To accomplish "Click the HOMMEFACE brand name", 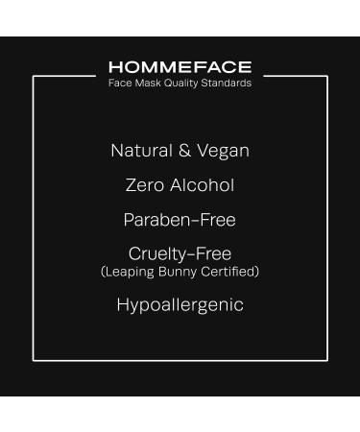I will pyautogui.click(x=180, y=67).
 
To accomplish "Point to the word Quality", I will pyautogui.click(x=177, y=84).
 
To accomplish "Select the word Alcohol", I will pyautogui.click(x=203, y=185).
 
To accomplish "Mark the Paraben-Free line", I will pyautogui.click(x=180, y=220).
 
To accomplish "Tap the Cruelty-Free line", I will pyautogui.click(x=180, y=254).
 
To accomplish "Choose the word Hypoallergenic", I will pyautogui.click(x=180, y=305).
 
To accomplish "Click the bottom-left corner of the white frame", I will pyautogui.click(x=34, y=360).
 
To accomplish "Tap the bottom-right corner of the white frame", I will pyautogui.click(x=326, y=360).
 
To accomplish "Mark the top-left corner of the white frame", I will pyautogui.click(x=34, y=76).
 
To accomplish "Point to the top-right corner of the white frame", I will pyautogui.click(x=326, y=76).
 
